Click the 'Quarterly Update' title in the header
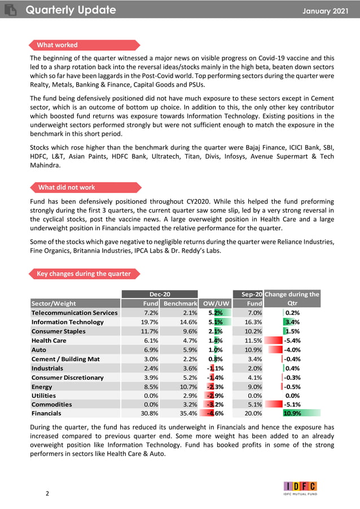pyautogui.click(x=71, y=10)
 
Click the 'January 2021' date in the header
pyautogui.click(x=326, y=11)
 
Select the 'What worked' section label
pyautogui.click(x=57, y=45)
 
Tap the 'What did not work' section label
pyautogui.click(x=67, y=187)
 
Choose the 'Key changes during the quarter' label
pyautogui.click(x=84, y=274)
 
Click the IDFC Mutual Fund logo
pyautogui.click(x=300, y=488)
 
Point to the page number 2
pyautogui.click(x=47, y=494)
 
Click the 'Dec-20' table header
pyautogui.click(x=160, y=294)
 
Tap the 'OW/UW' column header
pyautogui.click(x=216, y=304)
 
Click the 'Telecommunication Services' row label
pyautogui.click(x=74, y=313)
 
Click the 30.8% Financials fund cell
pyautogui.click(x=150, y=413)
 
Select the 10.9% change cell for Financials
pyautogui.click(x=293, y=413)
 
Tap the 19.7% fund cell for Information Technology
pyautogui.click(x=150, y=322)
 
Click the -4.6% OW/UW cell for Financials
pyautogui.click(x=215, y=413)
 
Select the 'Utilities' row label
pyautogui.click(x=45, y=395)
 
